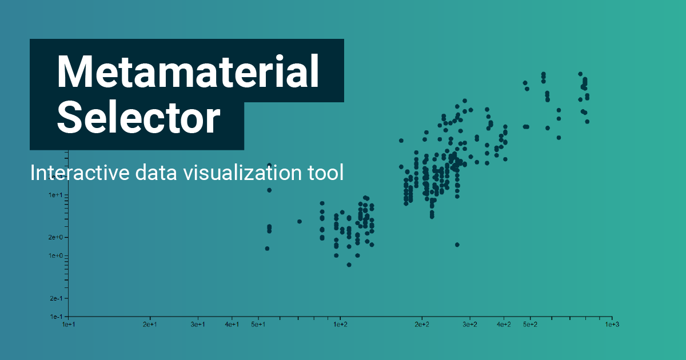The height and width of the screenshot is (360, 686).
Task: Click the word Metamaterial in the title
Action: (188, 71)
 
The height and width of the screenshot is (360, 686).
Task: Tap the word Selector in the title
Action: (138, 118)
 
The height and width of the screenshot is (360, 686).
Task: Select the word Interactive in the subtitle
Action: (80, 173)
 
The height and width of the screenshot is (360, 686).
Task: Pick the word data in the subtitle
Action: (156, 173)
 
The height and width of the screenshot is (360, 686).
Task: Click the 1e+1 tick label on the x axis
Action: (69, 325)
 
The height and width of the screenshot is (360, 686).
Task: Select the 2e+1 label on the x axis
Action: (150, 325)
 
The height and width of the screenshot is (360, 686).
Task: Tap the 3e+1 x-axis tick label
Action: (198, 325)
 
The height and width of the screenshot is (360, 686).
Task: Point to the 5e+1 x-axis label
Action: (258, 325)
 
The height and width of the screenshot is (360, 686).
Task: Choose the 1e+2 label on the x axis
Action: (340, 325)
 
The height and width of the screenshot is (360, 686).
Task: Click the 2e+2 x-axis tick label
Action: (422, 325)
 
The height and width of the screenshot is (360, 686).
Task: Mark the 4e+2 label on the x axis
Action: (504, 325)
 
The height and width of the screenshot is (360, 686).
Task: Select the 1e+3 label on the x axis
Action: (612, 325)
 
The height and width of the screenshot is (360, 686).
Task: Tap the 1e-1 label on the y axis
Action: (57, 317)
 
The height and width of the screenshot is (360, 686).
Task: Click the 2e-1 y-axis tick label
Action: (56, 298)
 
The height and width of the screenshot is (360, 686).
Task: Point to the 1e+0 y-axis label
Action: (55, 255)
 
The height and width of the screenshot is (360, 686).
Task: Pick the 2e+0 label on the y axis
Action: (55, 237)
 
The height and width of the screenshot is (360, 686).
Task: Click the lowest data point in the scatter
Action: (349, 265)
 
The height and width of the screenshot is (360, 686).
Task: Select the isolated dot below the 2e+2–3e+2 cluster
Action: (457, 245)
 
